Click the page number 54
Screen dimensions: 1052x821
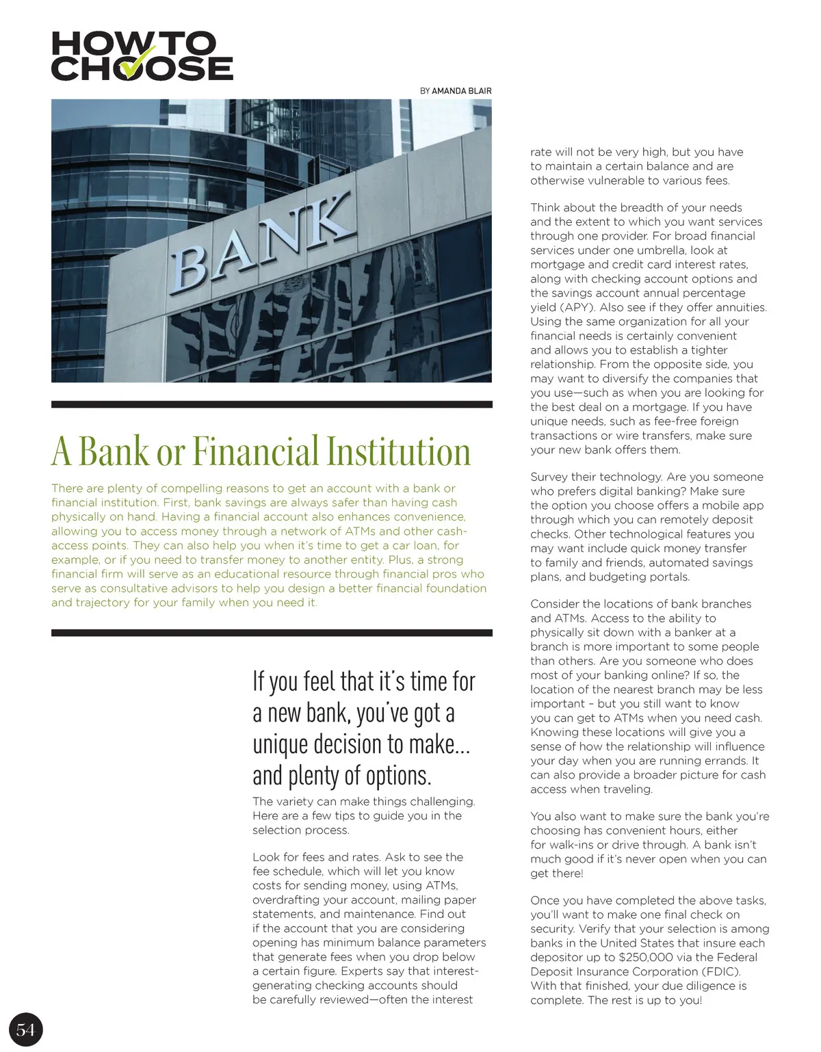(25, 1029)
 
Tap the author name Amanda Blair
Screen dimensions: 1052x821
(462, 91)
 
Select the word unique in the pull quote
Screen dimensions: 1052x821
(283, 744)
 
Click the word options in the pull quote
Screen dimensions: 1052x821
(398, 776)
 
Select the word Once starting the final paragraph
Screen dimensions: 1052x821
(545, 900)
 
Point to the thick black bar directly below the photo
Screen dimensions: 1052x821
(272, 404)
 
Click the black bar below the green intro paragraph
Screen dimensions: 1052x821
(272, 633)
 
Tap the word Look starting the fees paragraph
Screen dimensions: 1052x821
(266, 857)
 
